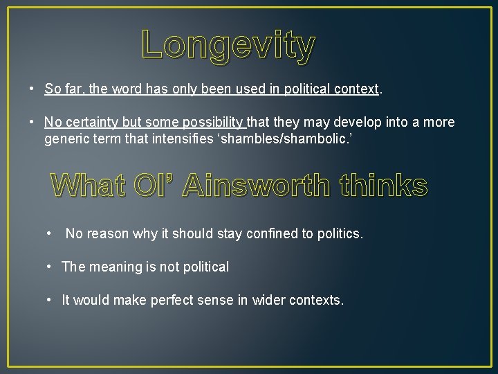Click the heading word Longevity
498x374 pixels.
pos(228,46)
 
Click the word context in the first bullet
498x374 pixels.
pos(356,89)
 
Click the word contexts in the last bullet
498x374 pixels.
pos(317,301)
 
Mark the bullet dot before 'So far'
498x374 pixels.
pos(32,89)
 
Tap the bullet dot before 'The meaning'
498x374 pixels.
pos(50,267)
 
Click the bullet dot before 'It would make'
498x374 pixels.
pos(50,300)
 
